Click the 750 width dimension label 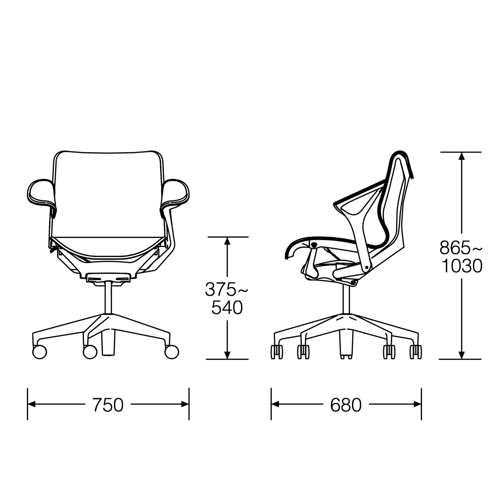[x=108, y=405]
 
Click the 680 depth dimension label [x=345, y=405]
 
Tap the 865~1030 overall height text [x=461, y=257]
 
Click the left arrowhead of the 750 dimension [x=32, y=404]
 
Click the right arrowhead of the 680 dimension [x=417, y=404]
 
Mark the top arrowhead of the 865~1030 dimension [x=462, y=156]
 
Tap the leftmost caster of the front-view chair [x=39, y=351]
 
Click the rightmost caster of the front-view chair [x=171, y=351]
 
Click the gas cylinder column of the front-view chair [x=108, y=298]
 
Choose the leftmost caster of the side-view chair [x=277, y=351]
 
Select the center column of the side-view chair [x=346, y=300]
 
